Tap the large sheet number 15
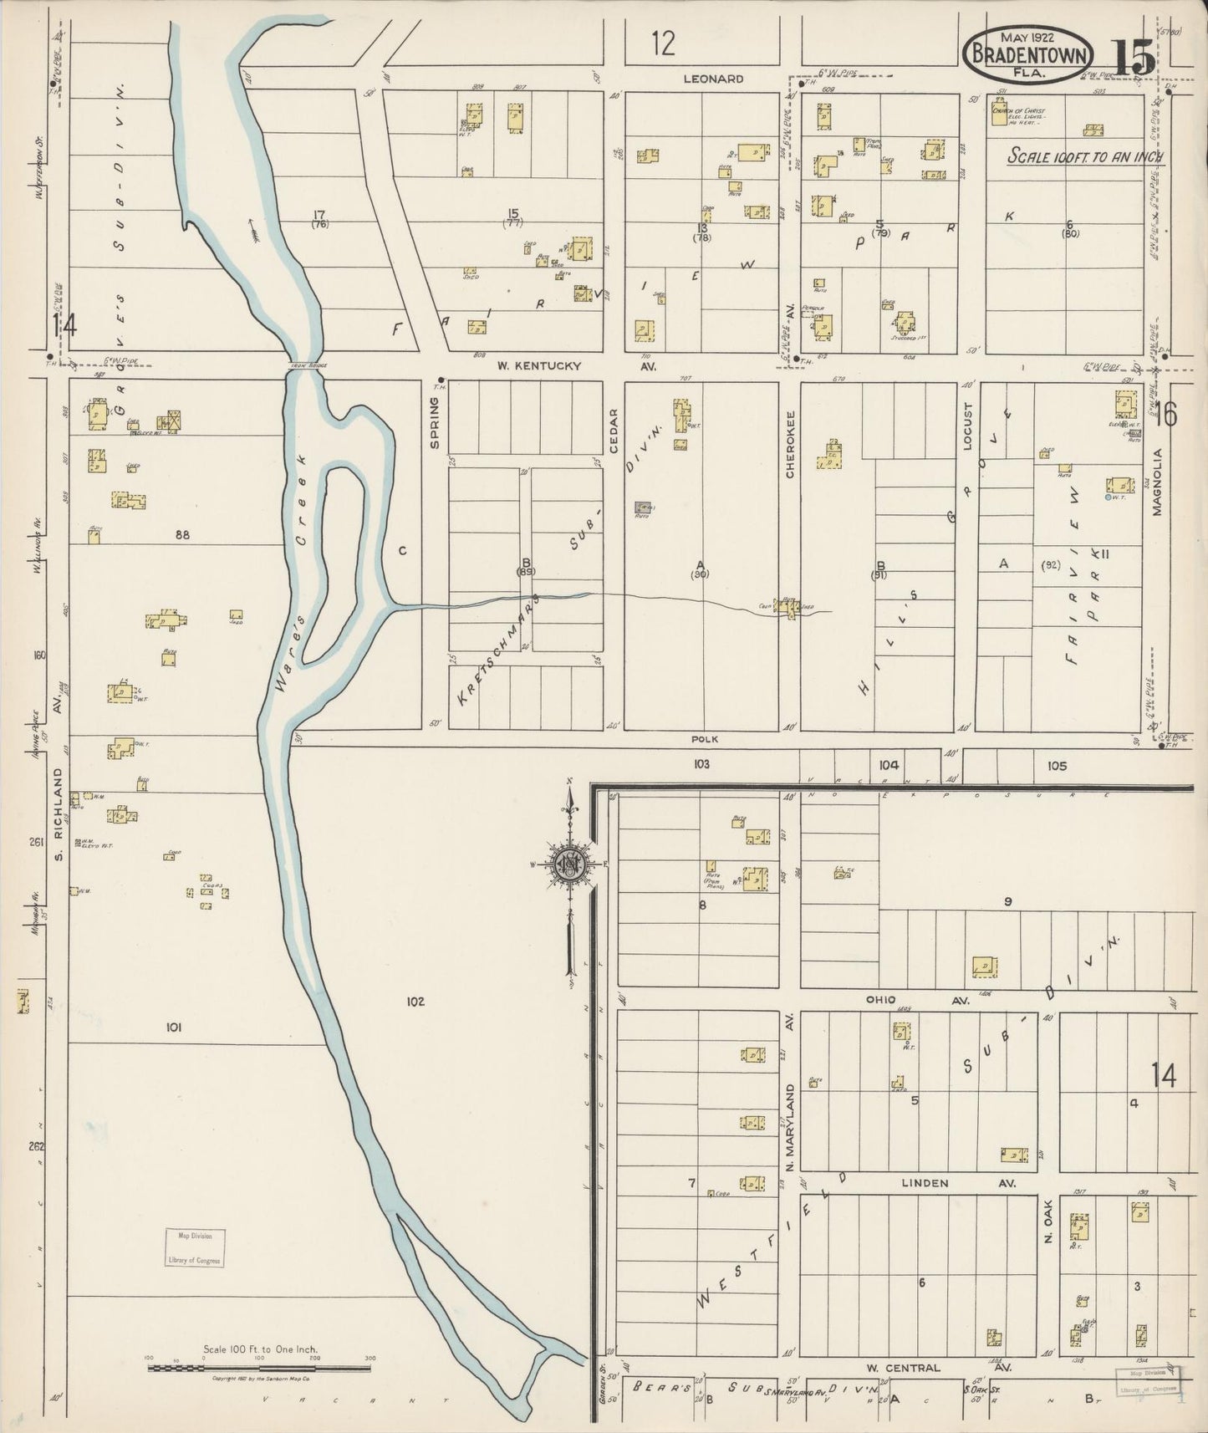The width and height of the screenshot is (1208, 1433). point(1134,58)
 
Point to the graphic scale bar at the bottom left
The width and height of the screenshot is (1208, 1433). point(259,1369)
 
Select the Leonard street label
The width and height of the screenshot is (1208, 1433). point(712,79)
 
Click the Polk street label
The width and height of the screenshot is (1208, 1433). point(705,739)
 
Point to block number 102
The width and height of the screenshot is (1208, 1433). point(415,1001)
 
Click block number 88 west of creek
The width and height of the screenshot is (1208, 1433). point(183,534)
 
